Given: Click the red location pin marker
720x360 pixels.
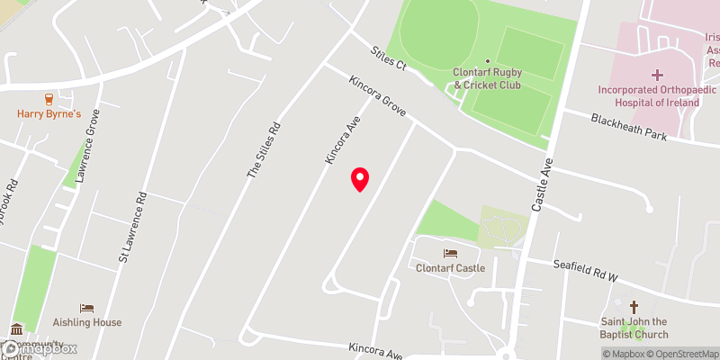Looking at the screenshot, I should pos(360,178).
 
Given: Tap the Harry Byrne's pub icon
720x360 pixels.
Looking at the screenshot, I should pos(49,99).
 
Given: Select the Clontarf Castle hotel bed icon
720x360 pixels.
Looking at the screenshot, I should pos(450,254).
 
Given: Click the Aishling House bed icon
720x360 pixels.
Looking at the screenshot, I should pos(87,308).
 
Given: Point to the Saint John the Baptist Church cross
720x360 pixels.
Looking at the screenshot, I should pos(634,307).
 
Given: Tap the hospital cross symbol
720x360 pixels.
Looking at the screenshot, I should pos(656,75).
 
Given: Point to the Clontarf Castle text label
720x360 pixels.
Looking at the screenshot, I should pos(450,268).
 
